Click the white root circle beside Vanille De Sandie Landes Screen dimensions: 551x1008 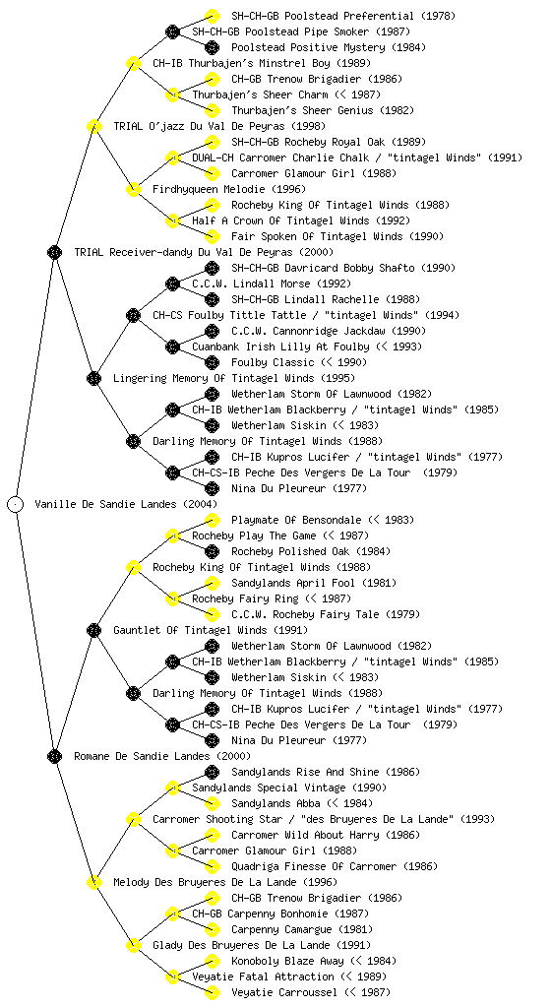tap(16, 504)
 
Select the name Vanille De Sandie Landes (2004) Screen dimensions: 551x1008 tap(126, 504)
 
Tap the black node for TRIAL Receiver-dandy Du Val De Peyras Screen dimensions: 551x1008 tap(54, 252)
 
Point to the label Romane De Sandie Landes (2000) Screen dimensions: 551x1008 tap(162, 756)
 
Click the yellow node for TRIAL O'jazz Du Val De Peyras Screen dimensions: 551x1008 tap(93, 126)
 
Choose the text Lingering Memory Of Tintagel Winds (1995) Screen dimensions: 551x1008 tap(234, 378)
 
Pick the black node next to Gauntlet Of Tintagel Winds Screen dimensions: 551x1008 tap(93, 630)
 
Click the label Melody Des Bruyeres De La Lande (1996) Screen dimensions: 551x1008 tap(225, 882)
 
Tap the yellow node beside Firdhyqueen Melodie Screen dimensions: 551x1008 tap(133, 189)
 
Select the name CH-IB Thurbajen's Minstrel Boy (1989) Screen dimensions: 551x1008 tap(262, 63)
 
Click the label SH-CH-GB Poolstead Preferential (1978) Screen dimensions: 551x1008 tap(343, 16)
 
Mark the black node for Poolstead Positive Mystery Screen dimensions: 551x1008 tap(212, 47)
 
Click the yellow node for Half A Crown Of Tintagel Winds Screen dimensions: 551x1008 tap(172, 220)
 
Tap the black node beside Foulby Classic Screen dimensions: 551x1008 tap(212, 362)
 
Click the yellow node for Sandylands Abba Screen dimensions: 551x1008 tap(212, 803)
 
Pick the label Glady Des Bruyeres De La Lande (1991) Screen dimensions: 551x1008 tap(262, 945)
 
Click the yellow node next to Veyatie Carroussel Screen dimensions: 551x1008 tap(212, 992)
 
